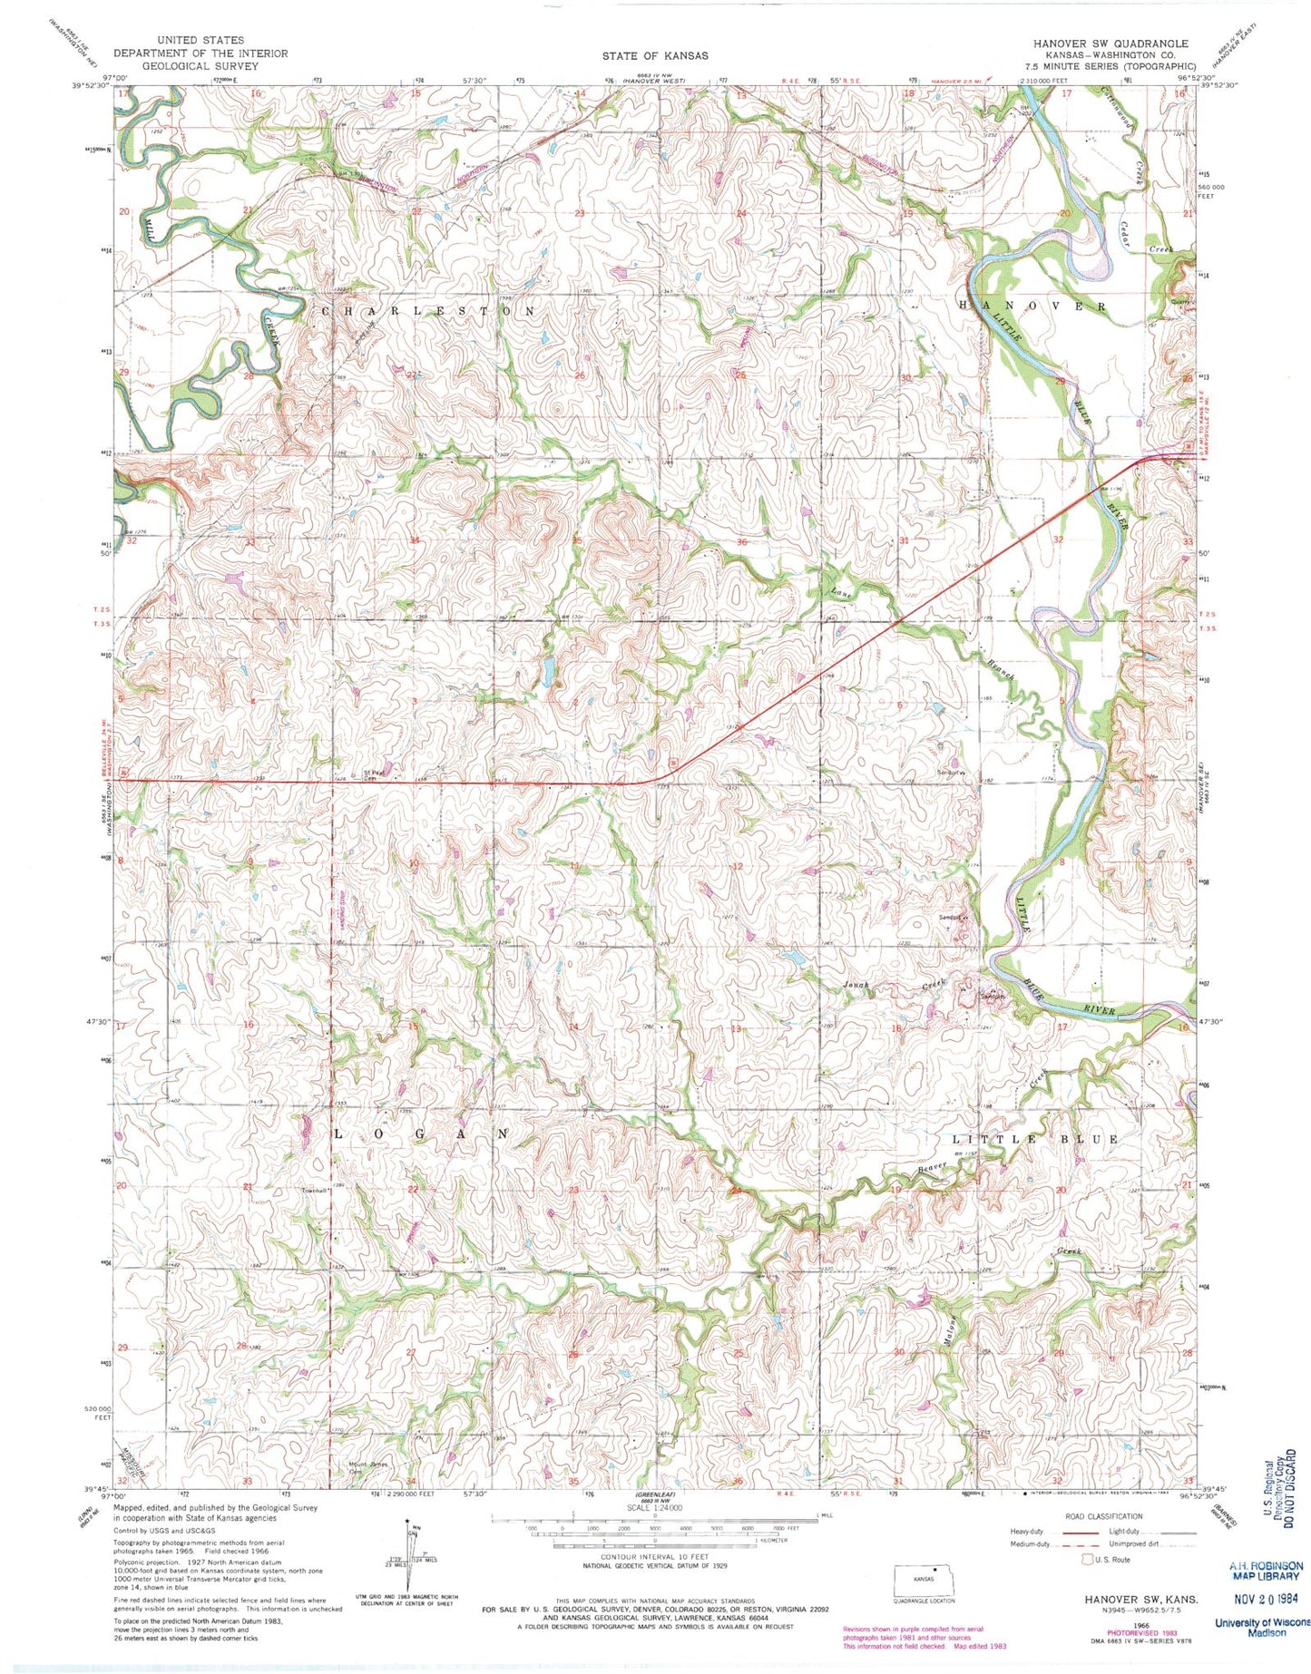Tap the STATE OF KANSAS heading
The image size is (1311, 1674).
(655, 56)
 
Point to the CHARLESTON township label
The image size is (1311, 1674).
(429, 311)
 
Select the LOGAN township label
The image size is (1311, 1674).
(422, 1135)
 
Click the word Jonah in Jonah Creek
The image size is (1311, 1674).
(856, 985)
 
